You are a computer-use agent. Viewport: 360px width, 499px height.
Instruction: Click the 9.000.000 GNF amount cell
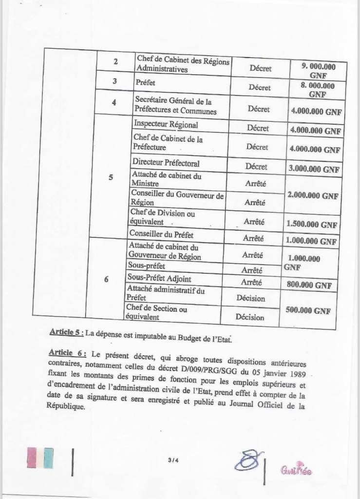pos(316,70)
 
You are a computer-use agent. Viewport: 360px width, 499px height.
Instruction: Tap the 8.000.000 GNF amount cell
pos(316,89)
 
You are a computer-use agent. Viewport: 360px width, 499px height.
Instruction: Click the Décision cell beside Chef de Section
pos(250,317)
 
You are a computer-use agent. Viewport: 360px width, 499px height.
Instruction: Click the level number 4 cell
pos(114,103)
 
